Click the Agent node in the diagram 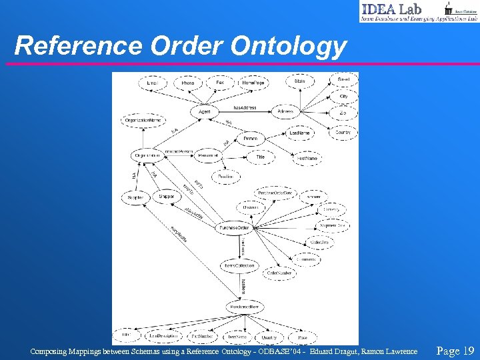click(204, 111)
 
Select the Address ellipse click(285, 111)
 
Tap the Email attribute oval click(153, 83)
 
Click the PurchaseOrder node click(235, 228)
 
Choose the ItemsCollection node click(238, 265)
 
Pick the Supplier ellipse click(135, 198)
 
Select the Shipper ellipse click(167, 196)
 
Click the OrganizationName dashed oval click(143, 121)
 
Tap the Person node click(250, 139)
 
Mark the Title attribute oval click(260, 156)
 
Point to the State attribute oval click(300, 82)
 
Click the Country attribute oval click(343, 133)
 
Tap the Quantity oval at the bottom click(269, 337)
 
